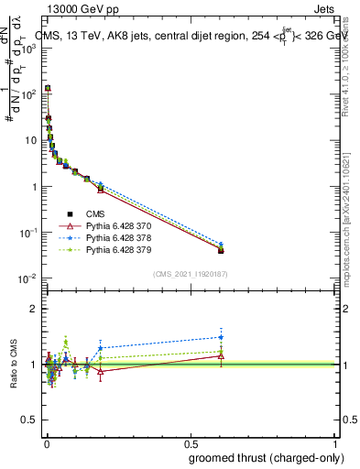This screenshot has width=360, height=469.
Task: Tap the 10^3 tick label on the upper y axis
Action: (27, 49)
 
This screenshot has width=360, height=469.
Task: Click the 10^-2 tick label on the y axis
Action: (27, 278)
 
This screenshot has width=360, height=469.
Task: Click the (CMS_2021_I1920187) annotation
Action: (191, 274)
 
